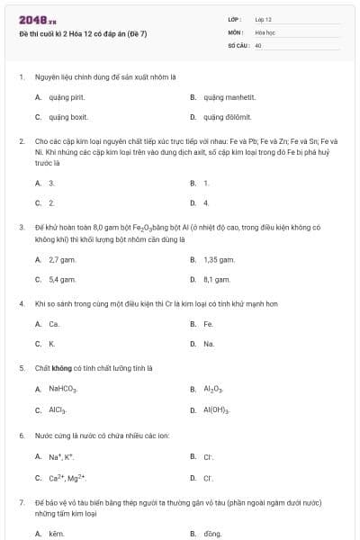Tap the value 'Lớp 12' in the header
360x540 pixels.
(x=263, y=18)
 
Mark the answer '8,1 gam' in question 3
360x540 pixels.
(x=217, y=280)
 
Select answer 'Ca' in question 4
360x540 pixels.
(x=54, y=324)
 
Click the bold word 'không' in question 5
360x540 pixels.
(x=61, y=368)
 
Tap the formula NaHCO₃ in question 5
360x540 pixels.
(x=63, y=390)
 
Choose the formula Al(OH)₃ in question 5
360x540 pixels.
(x=217, y=410)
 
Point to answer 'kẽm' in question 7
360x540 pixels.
(x=57, y=534)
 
